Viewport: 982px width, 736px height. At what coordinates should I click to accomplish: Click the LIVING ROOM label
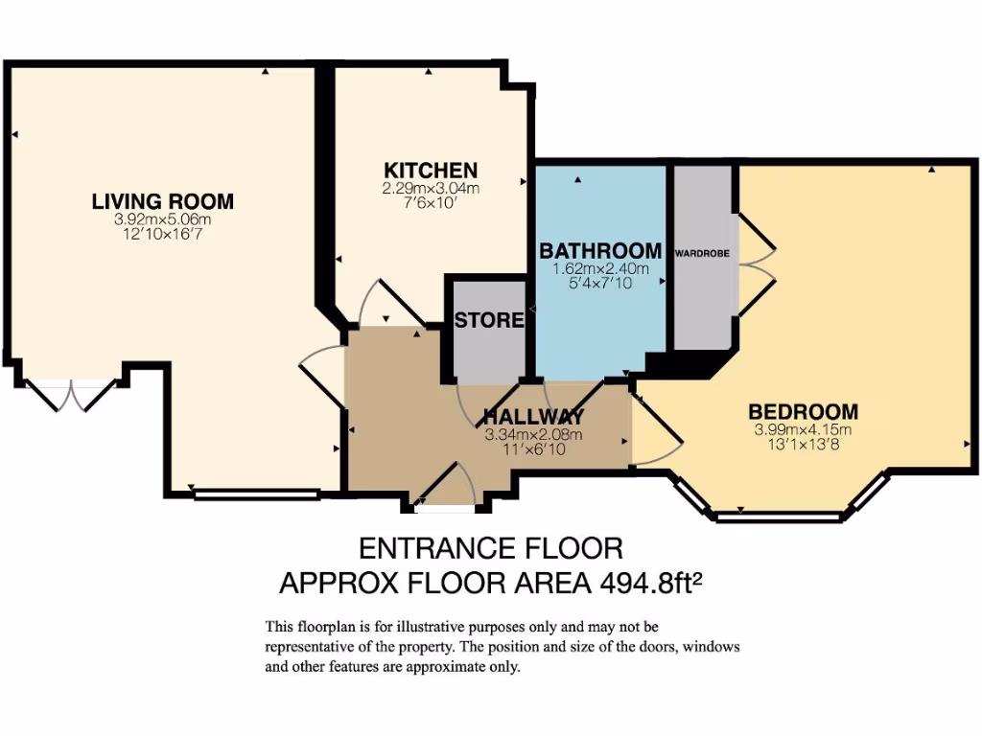pyautogui.click(x=162, y=201)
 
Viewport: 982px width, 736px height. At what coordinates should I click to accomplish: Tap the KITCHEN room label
pyautogui.click(x=431, y=171)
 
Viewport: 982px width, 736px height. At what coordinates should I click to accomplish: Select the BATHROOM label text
pyautogui.click(x=600, y=251)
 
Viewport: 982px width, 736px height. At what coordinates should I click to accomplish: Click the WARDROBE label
pyautogui.click(x=702, y=254)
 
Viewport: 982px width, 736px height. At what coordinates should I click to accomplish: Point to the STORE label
pyautogui.click(x=489, y=320)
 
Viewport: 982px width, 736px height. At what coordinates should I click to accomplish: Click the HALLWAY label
pyautogui.click(x=533, y=417)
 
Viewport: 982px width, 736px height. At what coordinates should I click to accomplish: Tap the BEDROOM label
pyautogui.click(x=803, y=412)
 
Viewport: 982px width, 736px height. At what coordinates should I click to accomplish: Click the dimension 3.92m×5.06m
pyautogui.click(x=162, y=219)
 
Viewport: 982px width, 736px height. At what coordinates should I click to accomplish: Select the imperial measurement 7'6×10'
pyautogui.click(x=431, y=203)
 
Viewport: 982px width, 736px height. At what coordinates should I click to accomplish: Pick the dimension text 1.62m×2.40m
pyautogui.click(x=600, y=268)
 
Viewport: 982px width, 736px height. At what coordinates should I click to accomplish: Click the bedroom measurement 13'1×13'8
pyautogui.click(x=803, y=443)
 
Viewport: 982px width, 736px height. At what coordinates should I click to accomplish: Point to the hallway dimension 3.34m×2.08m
pyautogui.click(x=533, y=434)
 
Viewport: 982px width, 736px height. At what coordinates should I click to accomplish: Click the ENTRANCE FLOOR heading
pyautogui.click(x=490, y=548)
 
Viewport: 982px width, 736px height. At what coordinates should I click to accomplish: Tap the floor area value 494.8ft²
pyautogui.click(x=652, y=582)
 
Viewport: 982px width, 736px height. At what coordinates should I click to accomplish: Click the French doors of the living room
pyautogui.click(x=71, y=394)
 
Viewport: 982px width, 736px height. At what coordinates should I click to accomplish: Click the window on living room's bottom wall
pyautogui.click(x=255, y=494)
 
